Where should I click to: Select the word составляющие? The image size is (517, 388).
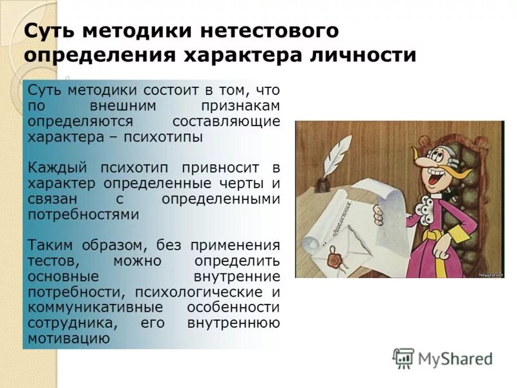227,122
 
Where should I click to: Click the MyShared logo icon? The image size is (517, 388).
404,358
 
